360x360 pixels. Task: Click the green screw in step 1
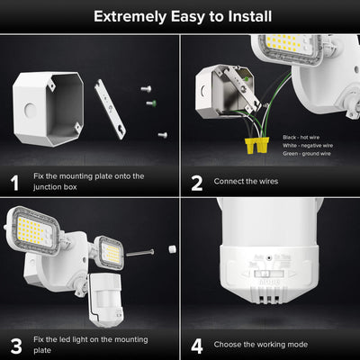pyautogui.click(x=150, y=103)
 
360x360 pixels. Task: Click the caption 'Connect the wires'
pyautogui.click(x=246, y=182)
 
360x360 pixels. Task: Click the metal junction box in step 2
pyautogui.click(x=220, y=90)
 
